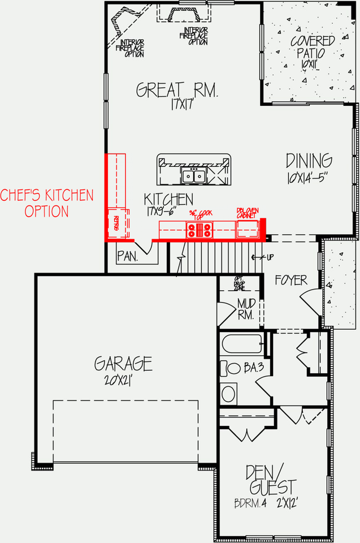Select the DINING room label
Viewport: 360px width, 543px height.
309,161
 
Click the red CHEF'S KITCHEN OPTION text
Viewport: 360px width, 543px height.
46,204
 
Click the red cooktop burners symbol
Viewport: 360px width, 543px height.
200,230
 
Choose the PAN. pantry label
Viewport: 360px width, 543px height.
128,256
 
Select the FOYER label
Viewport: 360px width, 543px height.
292,280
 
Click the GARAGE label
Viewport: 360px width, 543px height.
123,363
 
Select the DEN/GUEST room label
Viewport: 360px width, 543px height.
271,480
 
